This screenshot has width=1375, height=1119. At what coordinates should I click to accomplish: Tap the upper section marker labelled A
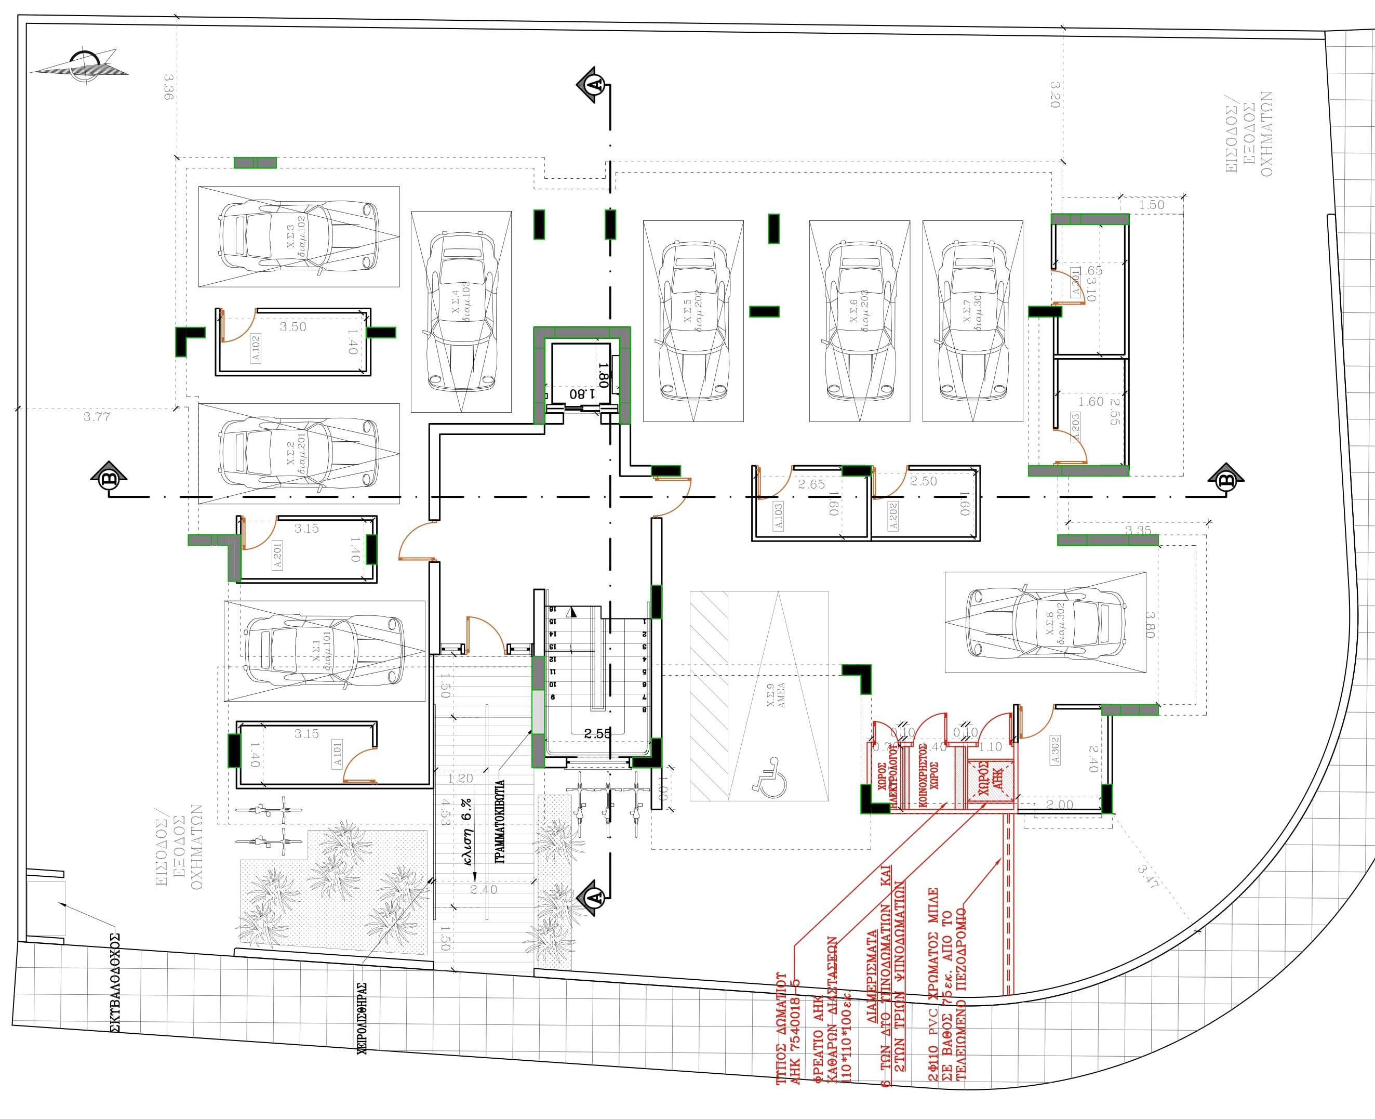[x=595, y=84]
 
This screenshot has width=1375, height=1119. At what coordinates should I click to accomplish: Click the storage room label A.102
[x=256, y=349]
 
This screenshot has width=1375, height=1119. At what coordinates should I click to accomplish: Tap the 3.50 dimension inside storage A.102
[x=292, y=327]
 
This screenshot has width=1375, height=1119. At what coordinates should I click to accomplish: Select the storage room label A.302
[x=1055, y=749]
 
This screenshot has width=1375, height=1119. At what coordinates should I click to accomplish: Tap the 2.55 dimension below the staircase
[x=597, y=733]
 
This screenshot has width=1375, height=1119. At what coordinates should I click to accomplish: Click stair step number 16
[x=552, y=609]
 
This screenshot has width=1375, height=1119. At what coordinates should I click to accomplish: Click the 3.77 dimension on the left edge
[x=97, y=416]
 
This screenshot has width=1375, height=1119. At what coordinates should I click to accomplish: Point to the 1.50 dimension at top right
[x=1152, y=205]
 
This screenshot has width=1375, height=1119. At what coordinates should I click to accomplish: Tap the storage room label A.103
[x=778, y=516]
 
